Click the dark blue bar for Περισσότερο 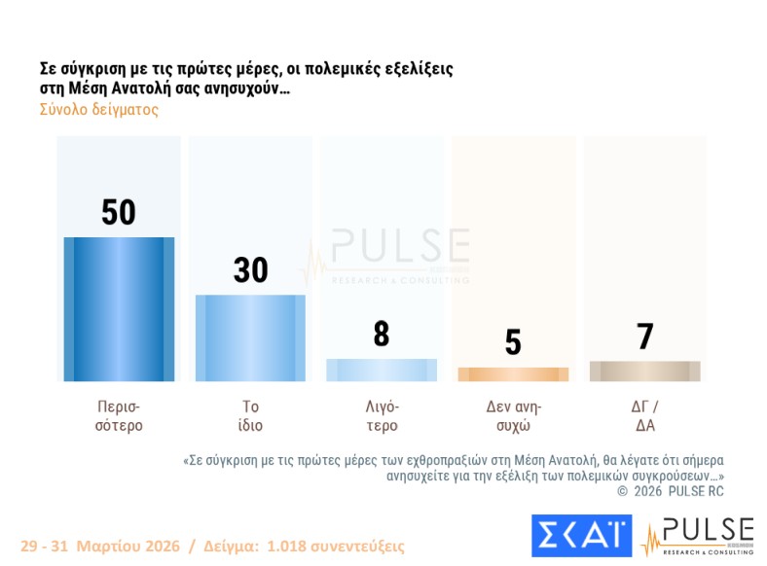(x=119, y=308)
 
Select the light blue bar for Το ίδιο (x=250, y=337)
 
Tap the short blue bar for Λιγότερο (x=382, y=370)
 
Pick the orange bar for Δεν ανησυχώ (x=513, y=374)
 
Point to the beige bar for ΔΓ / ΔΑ (x=644, y=371)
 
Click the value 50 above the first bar (x=119, y=212)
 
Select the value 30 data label (x=250, y=270)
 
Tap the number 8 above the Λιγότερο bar (x=382, y=335)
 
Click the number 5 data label (x=513, y=342)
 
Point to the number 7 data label (x=644, y=336)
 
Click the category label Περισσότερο (x=120, y=415)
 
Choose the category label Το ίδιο (x=250, y=415)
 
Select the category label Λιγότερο (x=382, y=415)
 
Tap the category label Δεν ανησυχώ (x=513, y=415)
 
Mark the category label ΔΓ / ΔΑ (x=644, y=415)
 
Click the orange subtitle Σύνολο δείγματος (x=98, y=110)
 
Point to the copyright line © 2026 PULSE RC (x=671, y=491)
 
